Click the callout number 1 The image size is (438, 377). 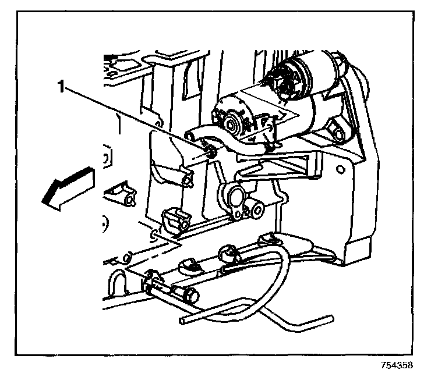(61, 87)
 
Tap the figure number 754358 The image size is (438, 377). (397, 366)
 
